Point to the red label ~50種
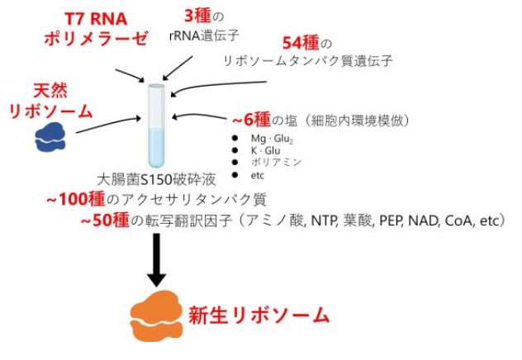(105, 220)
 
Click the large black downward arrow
(156, 260)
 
